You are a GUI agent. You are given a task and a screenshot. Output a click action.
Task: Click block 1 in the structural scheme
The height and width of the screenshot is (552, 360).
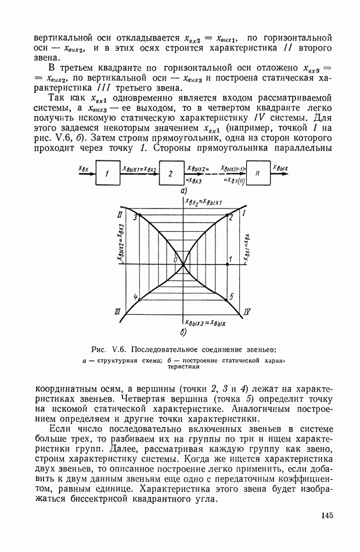point(107,174)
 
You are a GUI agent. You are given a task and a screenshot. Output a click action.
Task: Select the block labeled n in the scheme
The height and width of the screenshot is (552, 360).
point(257,174)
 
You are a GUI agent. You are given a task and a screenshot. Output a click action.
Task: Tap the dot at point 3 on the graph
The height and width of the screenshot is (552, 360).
point(139,216)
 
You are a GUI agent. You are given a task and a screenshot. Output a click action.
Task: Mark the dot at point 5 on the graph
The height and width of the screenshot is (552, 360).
point(226,300)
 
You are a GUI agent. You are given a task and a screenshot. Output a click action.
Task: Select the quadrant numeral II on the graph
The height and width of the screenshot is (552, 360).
point(119,216)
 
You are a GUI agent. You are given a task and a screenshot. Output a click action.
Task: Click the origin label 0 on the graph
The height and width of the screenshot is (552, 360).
point(175,260)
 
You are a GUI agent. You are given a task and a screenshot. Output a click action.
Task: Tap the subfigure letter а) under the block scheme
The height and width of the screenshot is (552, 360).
point(183,191)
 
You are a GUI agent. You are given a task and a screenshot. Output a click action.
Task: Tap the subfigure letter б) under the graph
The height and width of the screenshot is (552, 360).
point(183,332)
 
